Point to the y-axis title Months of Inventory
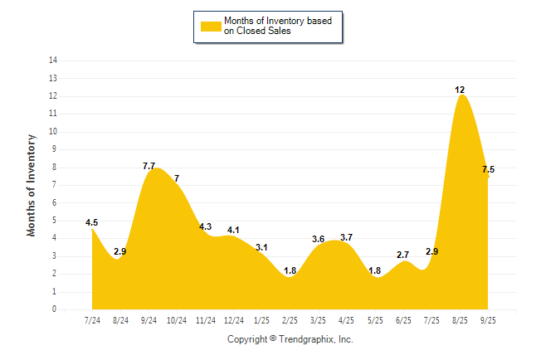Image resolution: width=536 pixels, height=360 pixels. tap(32, 185)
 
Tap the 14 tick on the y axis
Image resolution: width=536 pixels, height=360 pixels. tap(53, 61)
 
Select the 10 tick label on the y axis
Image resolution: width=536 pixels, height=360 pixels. tap(53, 132)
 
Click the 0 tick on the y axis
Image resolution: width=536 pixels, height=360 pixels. tap(55, 309)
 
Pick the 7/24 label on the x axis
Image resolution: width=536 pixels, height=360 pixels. tap(93, 320)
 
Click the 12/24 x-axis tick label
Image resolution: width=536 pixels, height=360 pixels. tap(234, 320)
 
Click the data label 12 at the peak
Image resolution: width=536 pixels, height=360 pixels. tap(459, 89)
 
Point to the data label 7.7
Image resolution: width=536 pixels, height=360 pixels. tap(149, 167)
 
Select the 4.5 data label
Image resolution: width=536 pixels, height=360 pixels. tap(92, 222)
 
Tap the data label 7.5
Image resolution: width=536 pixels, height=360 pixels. tap(488, 169)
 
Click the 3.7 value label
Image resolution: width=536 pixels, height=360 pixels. tap(346, 238)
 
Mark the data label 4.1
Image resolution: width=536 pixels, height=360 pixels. tap(233, 230)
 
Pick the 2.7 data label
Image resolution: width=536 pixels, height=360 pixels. tap(403, 255)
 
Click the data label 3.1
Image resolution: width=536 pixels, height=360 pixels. tap(261, 248)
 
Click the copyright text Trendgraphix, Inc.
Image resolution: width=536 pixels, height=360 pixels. tap(290, 339)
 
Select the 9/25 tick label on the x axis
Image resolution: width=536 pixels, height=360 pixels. tap(488, 320)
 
